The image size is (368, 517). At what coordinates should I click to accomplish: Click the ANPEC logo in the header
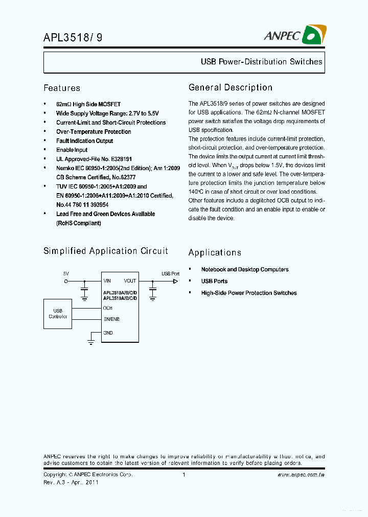click(x=295, y=35)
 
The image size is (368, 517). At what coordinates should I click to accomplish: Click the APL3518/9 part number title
click(x=68, y=37)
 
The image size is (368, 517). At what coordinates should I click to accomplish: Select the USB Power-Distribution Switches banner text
click(x=261, y=62)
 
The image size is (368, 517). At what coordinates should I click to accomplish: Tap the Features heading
click(x=62, y=88)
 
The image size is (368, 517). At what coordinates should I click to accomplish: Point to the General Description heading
click(x=230, y=87)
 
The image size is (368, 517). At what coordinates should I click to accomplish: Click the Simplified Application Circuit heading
click(x=105, y=251)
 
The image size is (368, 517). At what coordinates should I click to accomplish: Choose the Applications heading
click(x=215, y=252)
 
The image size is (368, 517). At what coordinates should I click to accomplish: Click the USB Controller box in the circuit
click(x=58, y=314)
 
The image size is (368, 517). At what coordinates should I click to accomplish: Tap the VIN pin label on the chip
click(x=107, y=281)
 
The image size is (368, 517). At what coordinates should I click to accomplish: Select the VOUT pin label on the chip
click(x=130, y=281)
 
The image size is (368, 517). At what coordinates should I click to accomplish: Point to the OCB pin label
click(x=107, y=308)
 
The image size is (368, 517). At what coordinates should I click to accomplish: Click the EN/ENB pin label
click(x=111, y=319)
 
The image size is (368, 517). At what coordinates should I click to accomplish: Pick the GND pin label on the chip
click(x=108, y=333)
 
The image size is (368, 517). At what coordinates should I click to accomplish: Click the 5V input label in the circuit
click(x=66, y=274)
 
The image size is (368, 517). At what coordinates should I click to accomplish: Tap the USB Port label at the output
click(x=170, y=274)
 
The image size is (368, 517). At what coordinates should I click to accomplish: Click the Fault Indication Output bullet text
click(x=84, y=141)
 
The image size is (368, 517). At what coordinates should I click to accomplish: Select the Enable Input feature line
click(x=72, y=150)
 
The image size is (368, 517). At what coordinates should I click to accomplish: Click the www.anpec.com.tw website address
click(x=301, y=475)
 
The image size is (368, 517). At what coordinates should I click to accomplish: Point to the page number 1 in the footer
click(x=183, y=475)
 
